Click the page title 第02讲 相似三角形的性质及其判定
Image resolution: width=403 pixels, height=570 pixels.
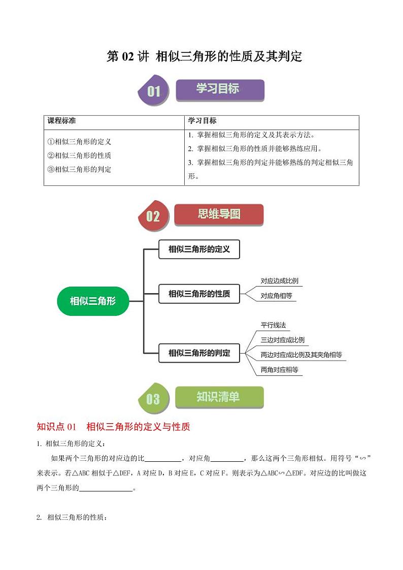click(x=204, y=56)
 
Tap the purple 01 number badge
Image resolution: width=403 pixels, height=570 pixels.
click(x=153, y=91)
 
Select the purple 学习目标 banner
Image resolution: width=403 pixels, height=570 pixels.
click(x=220, y=89)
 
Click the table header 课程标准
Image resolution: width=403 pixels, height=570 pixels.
click(x=62, y=121)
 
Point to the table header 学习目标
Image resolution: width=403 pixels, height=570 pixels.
click(x=202, y=121)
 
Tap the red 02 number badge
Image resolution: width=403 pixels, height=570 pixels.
click(x=153, y=217)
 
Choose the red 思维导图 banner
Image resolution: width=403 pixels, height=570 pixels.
click(x=219, y=214)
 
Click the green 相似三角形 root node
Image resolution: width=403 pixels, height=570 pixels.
click(x=93, y=301)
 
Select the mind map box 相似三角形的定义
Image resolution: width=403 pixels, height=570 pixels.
click(x=199, y=249)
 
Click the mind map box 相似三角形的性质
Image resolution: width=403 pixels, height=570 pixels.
click(x=199, y=294)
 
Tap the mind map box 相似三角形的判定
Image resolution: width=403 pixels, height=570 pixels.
click(x=199, y=353)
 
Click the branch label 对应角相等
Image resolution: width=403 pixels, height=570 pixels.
click(x=276, y=296)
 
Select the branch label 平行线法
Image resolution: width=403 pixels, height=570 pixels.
click(x=274, y=325)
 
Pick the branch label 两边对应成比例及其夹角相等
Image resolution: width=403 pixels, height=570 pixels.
click(x=301, y=355)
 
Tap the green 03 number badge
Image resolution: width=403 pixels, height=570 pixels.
click(x=153, y=400)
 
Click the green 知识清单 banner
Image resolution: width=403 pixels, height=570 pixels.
click(x=219, y=397)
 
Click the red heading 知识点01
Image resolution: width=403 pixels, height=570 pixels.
click(x=56, y=427)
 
